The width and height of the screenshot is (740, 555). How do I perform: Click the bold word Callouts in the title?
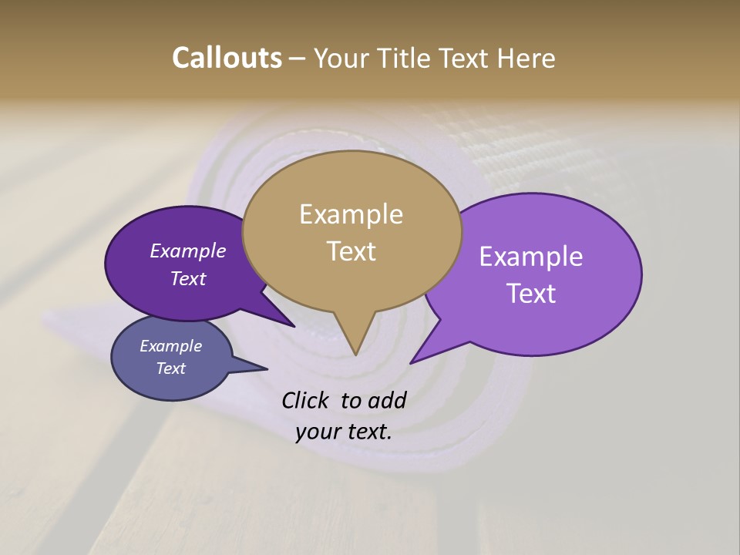[x=227, y=58]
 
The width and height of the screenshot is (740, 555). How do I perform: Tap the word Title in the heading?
[x=410, y=58]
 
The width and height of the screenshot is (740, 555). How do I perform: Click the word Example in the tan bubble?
[x=351, y=214]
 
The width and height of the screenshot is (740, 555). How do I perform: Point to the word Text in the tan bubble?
[x=351, y=251]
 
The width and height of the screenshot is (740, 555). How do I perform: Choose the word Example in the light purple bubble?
[x=531, y=256]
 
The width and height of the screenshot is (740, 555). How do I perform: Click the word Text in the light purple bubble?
[x=531, y=294]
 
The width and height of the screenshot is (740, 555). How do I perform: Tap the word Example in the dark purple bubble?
[x=187, y=251]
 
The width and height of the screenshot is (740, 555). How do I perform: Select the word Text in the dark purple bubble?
[x=187, y=278]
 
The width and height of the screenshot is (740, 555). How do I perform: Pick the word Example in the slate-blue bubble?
[x=170, y=346]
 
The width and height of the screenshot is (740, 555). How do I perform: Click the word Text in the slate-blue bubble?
[x=170, y=368]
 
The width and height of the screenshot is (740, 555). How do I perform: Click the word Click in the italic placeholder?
[x=306, y=400]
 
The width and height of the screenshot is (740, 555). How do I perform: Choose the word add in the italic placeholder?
[x=386, y=400]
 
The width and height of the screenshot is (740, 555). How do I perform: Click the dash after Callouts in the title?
[x=298, y=58]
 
